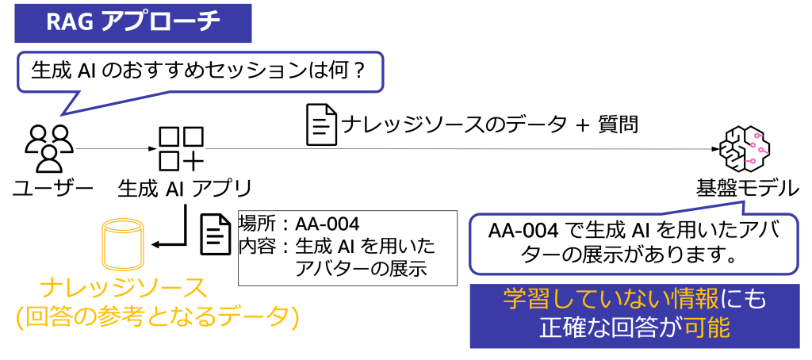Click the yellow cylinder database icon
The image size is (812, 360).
pyautogui.click(x=123, y=244)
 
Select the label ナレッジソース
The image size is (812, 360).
pyautogui.click(x=123, y=287)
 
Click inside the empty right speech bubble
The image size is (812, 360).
pyautogui.click(x=633, y=244)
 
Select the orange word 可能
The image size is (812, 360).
pyautogui.click(x=707, y=327)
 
